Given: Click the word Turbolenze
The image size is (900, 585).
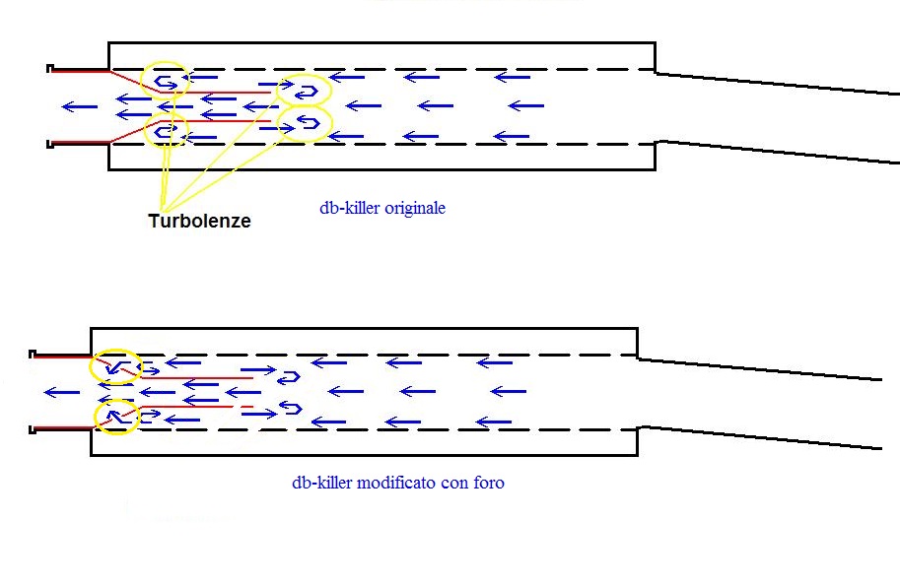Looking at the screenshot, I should coord(199,222).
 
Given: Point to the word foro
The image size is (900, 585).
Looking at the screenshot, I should coord(488,483).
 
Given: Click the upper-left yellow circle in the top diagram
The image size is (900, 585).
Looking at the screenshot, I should coord(165,80).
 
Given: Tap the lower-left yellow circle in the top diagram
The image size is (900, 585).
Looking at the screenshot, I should coord(165,130).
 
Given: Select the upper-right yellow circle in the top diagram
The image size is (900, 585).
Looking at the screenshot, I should coord(304,91).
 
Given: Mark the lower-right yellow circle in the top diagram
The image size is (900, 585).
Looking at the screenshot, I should coord(305,123).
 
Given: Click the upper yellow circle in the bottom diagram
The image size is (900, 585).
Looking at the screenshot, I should coord(114,367).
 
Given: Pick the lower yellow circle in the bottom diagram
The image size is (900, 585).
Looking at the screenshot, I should coord(115,417).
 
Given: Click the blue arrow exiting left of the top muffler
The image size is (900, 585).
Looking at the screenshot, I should coord(79,106).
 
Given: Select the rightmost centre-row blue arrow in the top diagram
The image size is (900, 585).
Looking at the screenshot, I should coord(526,105).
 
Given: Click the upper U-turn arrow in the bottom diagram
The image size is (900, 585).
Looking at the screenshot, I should coord(288,377).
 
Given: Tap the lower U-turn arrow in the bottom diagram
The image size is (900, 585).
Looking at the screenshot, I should coord(290,408).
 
